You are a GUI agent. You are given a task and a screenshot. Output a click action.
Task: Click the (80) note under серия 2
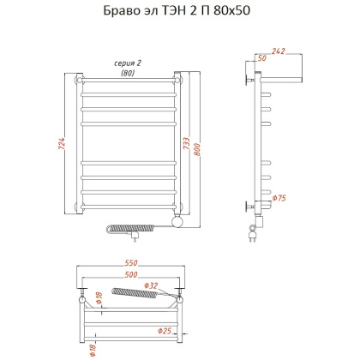click(128, 74)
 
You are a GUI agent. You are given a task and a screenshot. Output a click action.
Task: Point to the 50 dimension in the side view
click(261, 59)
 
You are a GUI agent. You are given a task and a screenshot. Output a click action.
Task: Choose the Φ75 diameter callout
click(279, 199)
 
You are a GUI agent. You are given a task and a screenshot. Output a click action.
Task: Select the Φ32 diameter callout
click(151, 285)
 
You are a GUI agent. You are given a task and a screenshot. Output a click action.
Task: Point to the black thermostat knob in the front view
click(177, 222)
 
